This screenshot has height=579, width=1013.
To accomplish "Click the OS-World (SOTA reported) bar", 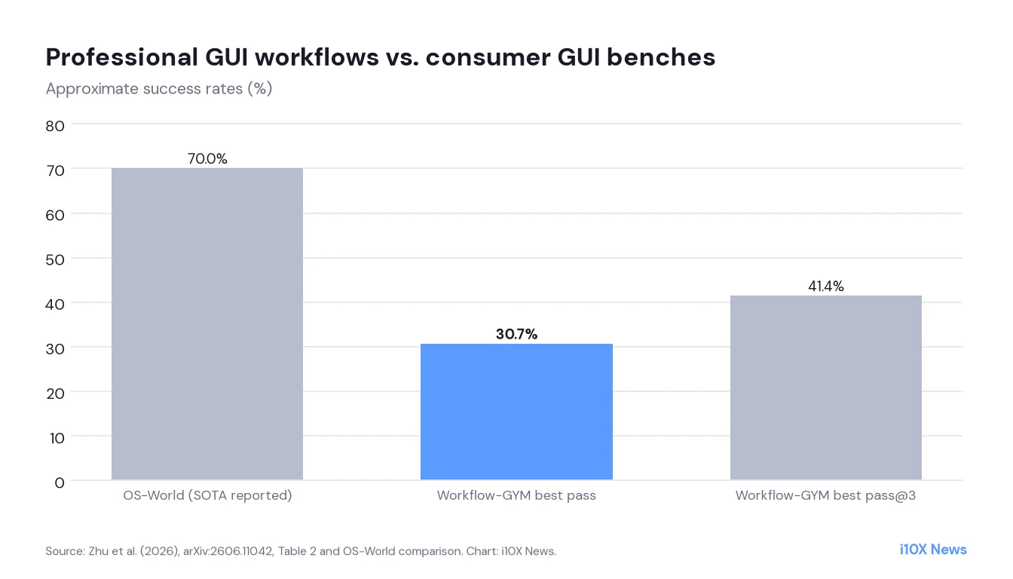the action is [207, 323].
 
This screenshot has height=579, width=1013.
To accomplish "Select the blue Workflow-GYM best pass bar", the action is [516, 412].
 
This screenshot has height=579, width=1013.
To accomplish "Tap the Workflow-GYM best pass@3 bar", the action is [826, 388].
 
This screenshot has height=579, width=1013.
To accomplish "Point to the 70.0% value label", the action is [207, 159].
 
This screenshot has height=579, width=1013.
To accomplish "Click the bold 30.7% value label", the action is [516, 334].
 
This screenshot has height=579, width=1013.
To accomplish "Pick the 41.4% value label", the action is [826, 286].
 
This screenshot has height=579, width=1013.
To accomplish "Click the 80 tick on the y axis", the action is [55, 126].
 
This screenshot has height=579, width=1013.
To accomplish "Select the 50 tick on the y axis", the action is [55, 260].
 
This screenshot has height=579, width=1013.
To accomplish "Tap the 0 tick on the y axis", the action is [60, 483].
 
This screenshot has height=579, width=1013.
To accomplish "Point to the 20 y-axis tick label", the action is [55, 394].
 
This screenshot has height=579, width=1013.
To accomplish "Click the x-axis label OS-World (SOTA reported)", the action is [207, 496].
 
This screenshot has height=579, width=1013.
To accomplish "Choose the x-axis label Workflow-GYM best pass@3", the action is [826, 496].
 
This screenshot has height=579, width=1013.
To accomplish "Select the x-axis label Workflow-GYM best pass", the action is [516, 496].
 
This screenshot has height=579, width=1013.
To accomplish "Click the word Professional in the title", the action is [122, 57].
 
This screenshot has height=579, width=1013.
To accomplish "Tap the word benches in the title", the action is [661, 57].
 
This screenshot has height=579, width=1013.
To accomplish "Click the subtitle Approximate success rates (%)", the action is [159, 89].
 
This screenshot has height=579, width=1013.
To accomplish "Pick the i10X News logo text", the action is [933, 550].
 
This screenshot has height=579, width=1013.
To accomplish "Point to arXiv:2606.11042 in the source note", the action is [228, 551].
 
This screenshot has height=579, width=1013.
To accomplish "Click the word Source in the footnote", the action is [65, 551].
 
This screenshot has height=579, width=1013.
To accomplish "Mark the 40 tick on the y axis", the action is [55, 305].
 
